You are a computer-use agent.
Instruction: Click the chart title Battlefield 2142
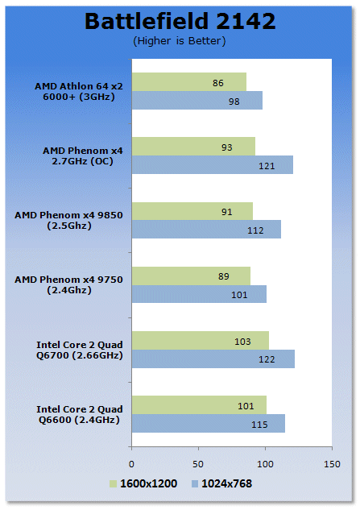pos(180,21)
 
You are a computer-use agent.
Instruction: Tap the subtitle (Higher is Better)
pos(179,41)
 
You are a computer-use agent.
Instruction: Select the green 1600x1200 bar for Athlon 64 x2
pos(189,82)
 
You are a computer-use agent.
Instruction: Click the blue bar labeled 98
pos(197,100)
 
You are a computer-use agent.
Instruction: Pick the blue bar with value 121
pos(213,164)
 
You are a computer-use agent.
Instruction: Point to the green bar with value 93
pos(193,147)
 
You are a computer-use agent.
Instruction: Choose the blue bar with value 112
pos(206,230)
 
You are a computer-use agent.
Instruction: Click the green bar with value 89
pos(191,276)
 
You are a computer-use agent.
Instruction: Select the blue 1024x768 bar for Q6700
pos(213,359)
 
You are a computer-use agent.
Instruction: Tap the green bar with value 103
pos(201,341)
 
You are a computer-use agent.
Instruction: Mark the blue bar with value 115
pos(209,423)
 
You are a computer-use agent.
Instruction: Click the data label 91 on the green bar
pos(226,212)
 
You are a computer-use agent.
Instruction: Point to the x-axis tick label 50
pos(198,464)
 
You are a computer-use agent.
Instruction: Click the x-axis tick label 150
pos(332,464)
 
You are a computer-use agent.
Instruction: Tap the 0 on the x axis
pos(131,464)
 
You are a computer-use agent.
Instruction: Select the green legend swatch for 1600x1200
pos(113,483)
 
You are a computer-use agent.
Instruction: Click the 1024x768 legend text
pos(226,483)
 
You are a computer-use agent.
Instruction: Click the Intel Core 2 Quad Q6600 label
pos(80,414)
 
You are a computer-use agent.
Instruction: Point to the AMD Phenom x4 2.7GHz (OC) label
pos(83,155)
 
